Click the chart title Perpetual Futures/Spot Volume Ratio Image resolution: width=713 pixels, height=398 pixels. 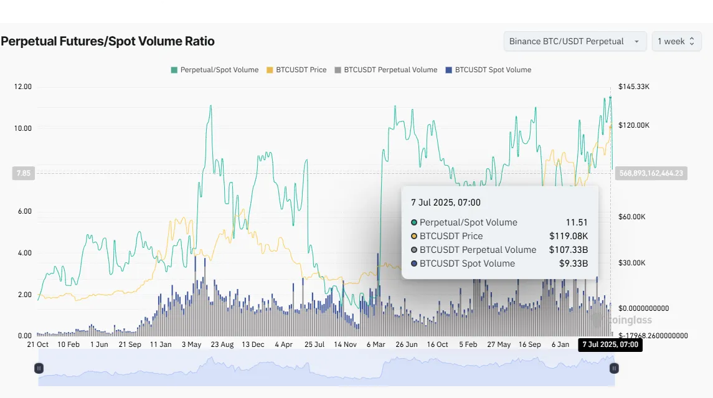(108, 42)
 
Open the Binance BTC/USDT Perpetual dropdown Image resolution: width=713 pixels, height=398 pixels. (574, 42)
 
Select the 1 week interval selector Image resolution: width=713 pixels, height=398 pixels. (676, 42)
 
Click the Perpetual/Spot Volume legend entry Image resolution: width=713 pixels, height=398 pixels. (214, 70)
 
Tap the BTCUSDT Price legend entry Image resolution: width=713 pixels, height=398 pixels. (296, 70)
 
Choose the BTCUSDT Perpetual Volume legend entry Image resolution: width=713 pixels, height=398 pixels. (385, 70)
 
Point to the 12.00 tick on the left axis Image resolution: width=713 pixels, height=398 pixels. (22, 87)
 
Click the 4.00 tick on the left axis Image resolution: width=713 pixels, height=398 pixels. (24, 253)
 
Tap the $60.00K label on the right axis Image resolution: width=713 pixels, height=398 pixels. (632, 216)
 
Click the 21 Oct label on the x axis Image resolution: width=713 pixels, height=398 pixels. (38, 344)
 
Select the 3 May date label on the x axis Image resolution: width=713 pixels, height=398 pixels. (191, 344)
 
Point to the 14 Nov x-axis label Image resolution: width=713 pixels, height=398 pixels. (345, 344)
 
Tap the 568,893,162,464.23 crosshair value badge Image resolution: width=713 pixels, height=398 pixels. (651, 174)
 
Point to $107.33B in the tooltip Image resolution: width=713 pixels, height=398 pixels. (569, 250)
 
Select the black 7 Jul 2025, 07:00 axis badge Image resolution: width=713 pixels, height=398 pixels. (610, 344)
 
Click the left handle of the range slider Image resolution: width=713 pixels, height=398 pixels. (39, 368)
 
